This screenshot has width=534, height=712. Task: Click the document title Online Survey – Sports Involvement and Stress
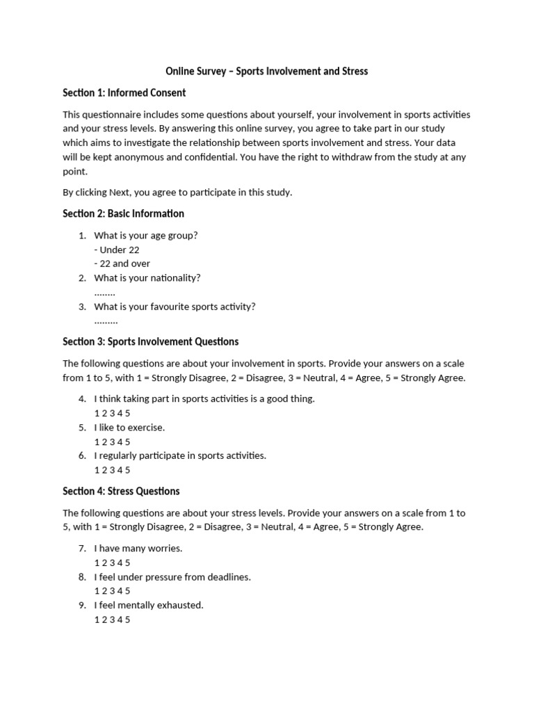266,71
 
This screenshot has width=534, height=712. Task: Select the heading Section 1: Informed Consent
124,92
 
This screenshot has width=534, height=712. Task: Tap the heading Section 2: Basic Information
123,213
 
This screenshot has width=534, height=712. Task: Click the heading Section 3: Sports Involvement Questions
150,341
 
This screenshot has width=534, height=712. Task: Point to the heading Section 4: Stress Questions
121,491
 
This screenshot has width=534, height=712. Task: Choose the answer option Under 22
119,250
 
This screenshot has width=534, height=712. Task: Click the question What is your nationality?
147,277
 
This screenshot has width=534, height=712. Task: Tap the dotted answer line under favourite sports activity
106,321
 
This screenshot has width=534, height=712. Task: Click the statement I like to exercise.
129,428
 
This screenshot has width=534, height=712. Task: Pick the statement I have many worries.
138,549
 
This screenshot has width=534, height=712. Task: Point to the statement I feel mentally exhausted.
149,605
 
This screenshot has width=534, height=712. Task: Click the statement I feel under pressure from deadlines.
172,577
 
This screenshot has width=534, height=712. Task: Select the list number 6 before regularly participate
81,455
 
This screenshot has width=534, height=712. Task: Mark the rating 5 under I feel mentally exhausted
127,620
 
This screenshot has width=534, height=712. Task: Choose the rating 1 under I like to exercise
97,442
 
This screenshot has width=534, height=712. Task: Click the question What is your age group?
146,235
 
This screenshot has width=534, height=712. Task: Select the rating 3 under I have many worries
112,563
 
